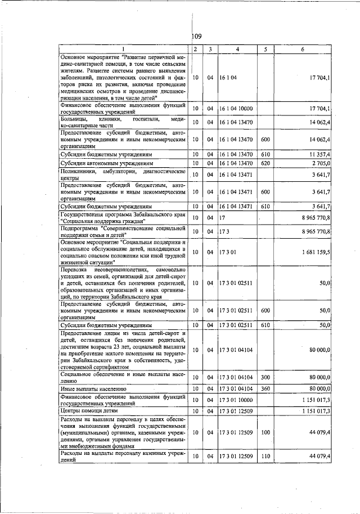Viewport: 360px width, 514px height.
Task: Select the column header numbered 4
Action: pyautogui.click(x=237, y=50)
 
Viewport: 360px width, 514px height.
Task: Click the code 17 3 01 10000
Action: pyautogui.click(x=236, y=400)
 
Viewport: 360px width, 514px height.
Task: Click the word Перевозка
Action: pyautogui.click(x=76, y=270)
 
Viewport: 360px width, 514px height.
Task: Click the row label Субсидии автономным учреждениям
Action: pyautogui.click(x=105, y=163)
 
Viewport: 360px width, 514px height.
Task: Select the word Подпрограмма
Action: pyautogui.click(x=82, y=227)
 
